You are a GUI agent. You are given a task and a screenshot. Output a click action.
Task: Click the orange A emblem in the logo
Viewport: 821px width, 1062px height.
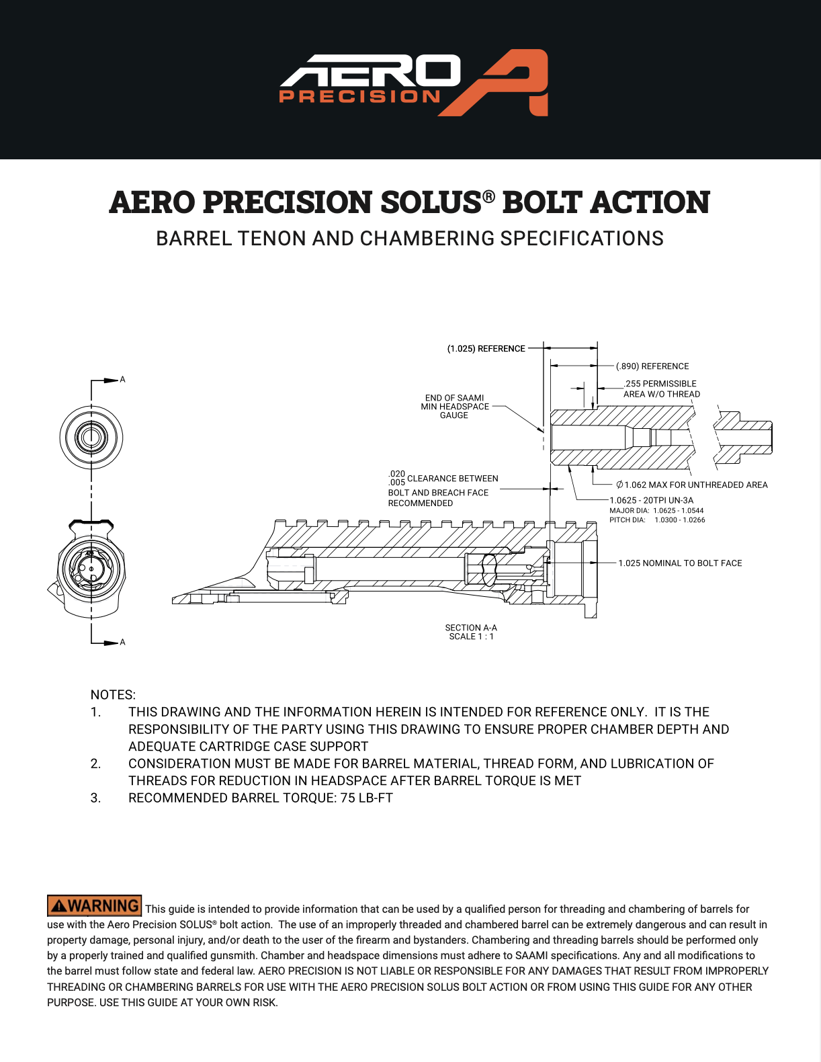[x=509, y=82]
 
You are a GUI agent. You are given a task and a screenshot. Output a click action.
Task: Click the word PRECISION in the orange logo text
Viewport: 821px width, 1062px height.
[x=359, y=97]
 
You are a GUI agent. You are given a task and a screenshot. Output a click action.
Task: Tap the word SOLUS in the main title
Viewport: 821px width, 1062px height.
[x=430, y=202]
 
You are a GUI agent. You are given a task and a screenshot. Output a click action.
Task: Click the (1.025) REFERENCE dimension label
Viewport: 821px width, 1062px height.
[x=486, y=349]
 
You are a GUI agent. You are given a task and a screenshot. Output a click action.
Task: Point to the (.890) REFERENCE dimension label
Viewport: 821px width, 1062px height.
[x=652, y=366]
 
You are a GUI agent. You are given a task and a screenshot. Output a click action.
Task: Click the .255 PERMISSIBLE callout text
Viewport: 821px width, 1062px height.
[x=660, y=384]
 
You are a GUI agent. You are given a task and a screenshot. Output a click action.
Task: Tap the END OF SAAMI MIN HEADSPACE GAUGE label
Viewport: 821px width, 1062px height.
[x=453, y=407]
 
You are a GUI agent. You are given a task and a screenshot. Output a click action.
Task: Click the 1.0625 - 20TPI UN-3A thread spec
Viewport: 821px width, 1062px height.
[x=651, y=500]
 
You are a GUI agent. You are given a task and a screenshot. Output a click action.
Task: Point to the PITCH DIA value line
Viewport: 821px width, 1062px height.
[x=657, y=520]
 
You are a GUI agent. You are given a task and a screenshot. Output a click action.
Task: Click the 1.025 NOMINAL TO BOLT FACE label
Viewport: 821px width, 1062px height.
[x=680, y=563]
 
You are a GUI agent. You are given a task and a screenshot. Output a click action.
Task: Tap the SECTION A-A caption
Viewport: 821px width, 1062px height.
[x=471, y=628]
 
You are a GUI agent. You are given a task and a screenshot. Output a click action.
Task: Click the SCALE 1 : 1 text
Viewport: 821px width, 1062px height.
[x=471, y=637]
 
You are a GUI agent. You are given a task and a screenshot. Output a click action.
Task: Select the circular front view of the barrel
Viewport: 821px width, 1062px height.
[x=91, y=438]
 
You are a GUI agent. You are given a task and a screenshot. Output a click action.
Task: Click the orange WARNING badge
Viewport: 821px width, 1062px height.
[x=95, y=906]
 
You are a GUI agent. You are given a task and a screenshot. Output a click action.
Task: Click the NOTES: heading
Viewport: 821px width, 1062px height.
[x=113, y=695]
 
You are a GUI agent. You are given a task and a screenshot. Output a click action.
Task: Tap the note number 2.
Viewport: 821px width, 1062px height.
[x=96, y=764]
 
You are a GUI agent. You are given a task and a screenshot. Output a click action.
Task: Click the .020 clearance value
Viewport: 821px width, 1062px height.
[x=396, y=474]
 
